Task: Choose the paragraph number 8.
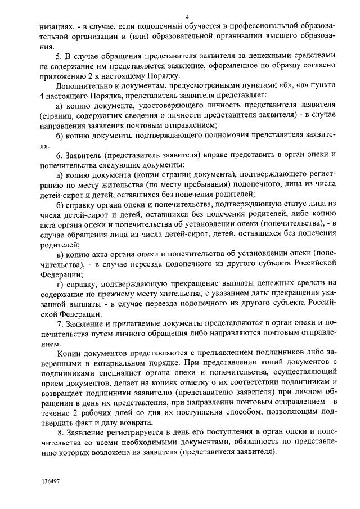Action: point(60,434)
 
